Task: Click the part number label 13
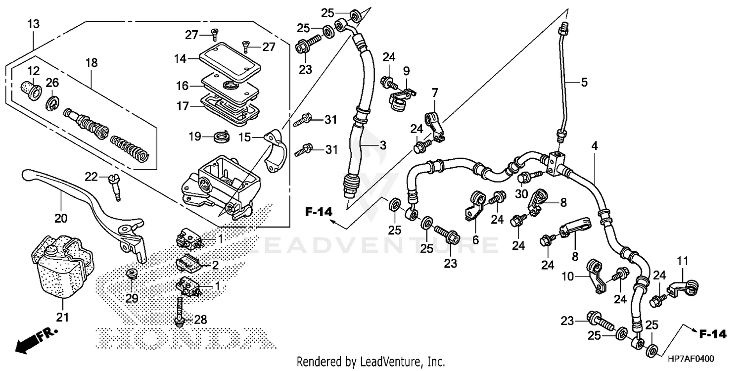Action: point(34,24)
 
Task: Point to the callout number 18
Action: point(92,63)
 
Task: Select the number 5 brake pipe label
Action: point(584,83)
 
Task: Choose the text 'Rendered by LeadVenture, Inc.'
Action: point(371,361)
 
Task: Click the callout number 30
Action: point(521,194)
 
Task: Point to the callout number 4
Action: point(594,146)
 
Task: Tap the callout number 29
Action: point(131,298)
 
